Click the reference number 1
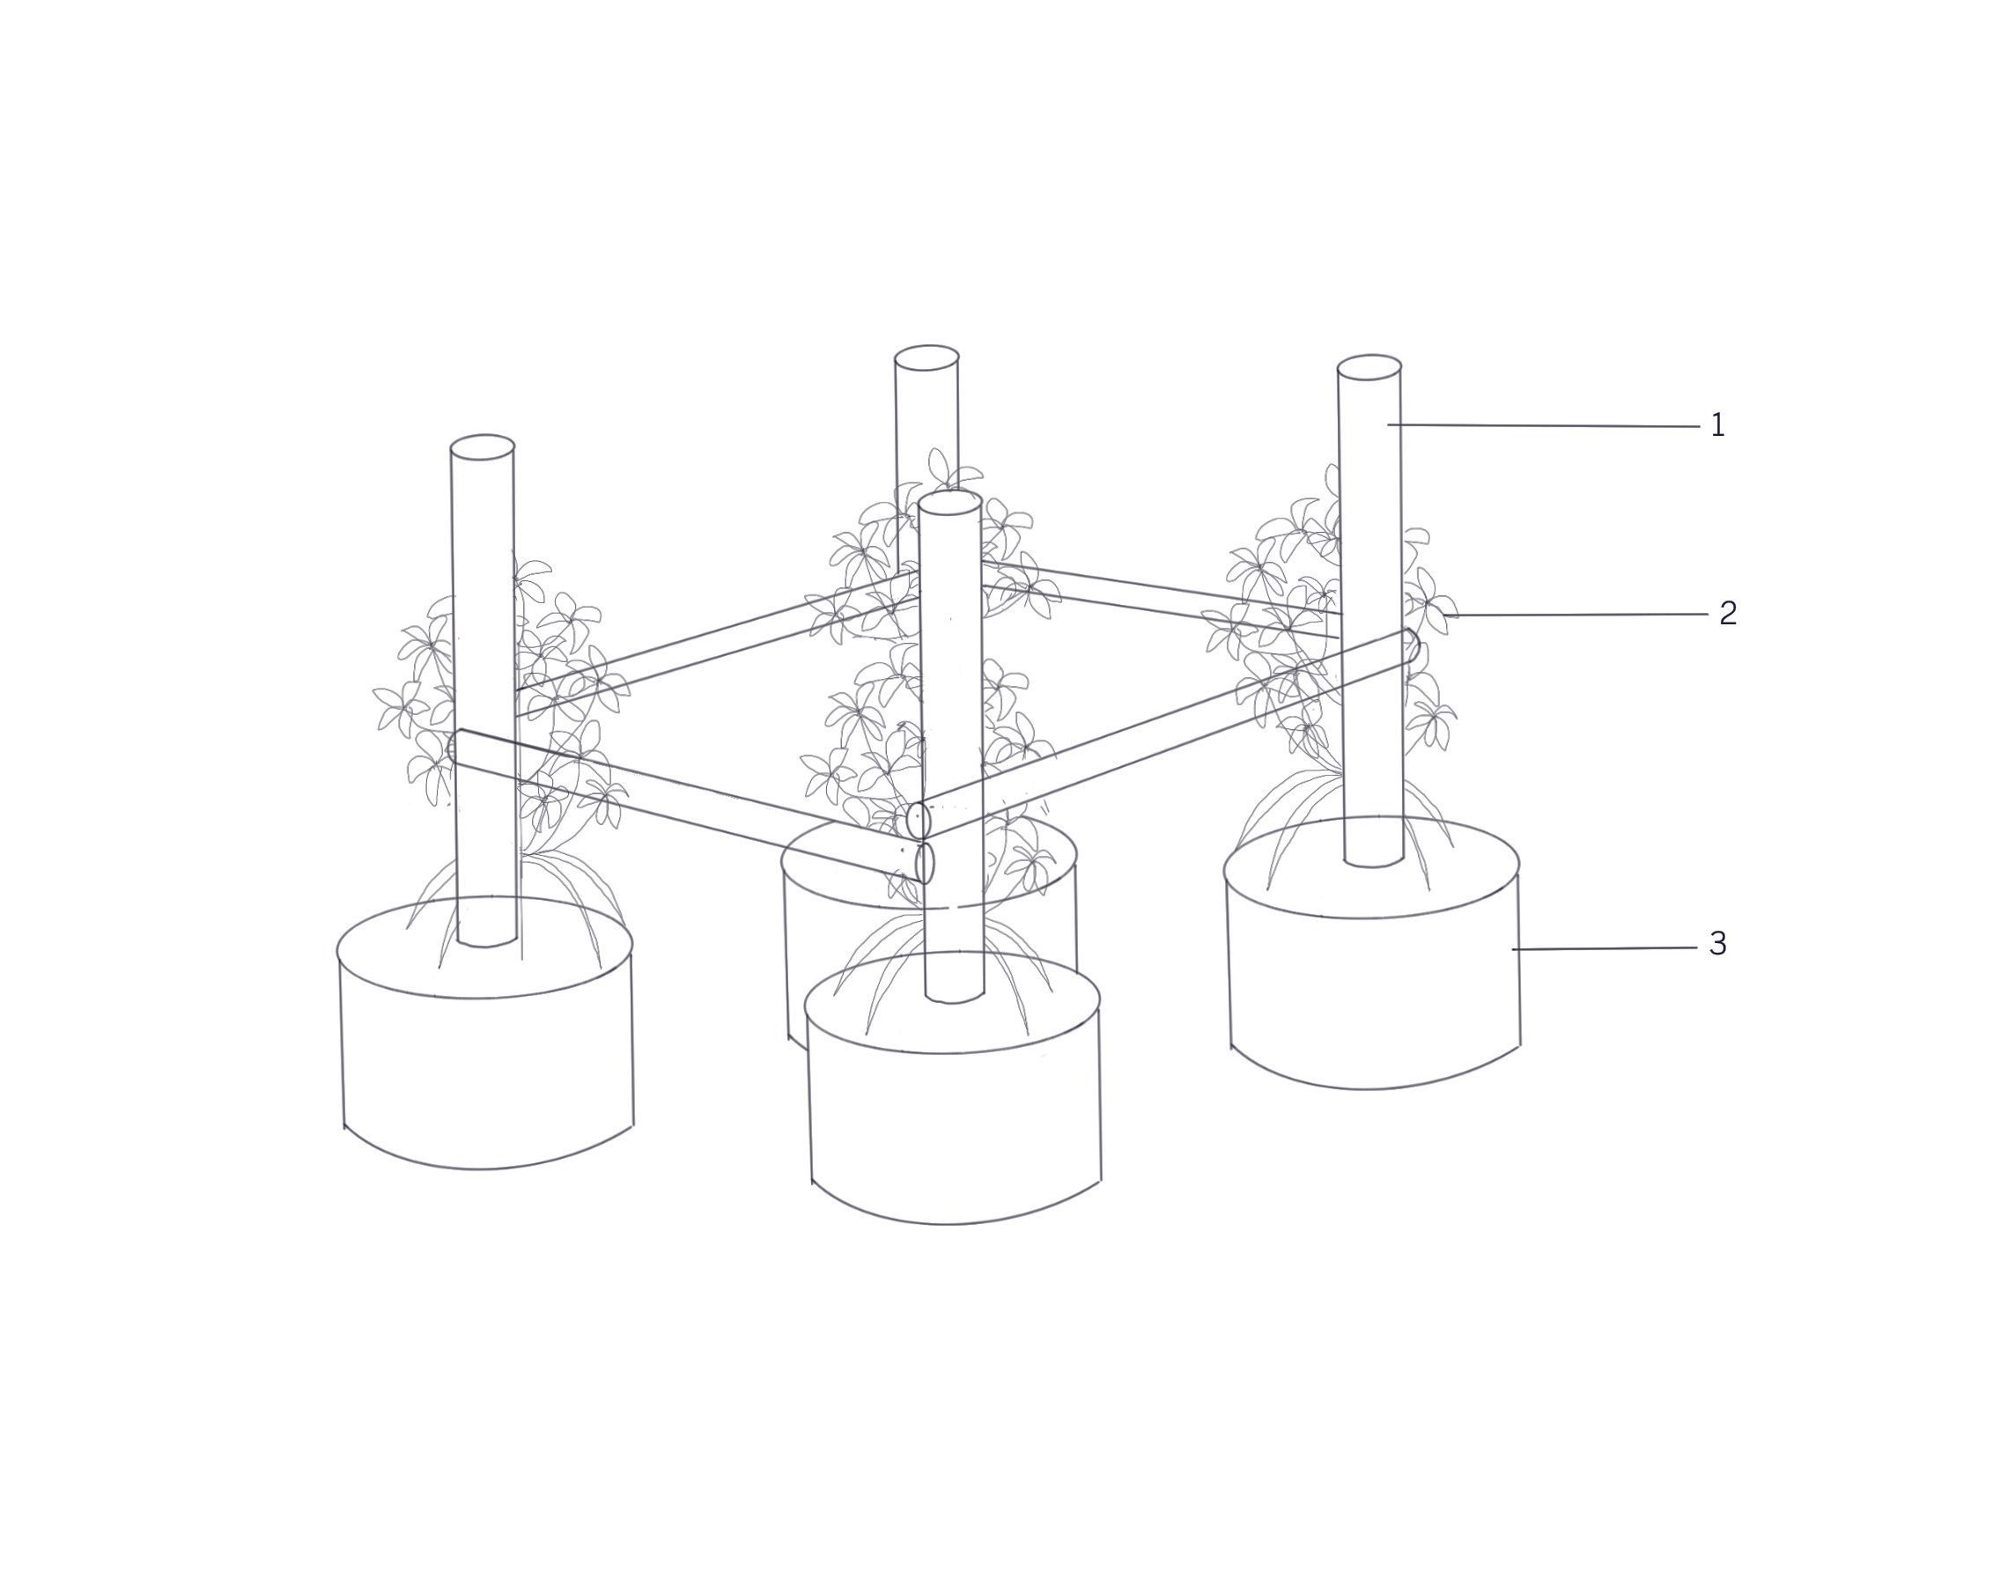point(1717,425)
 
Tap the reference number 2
point(1727,613)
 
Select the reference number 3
point(1718,944)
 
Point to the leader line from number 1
point(1544,426)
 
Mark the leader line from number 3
point(1605,948)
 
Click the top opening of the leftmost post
point(483,446)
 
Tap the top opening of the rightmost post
point(1369,366)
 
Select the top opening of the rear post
point(926,358)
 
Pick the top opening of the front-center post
point(949,502)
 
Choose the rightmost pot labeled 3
point(1372,952)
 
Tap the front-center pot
point(952,1087)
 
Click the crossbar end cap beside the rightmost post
point(1412,645)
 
